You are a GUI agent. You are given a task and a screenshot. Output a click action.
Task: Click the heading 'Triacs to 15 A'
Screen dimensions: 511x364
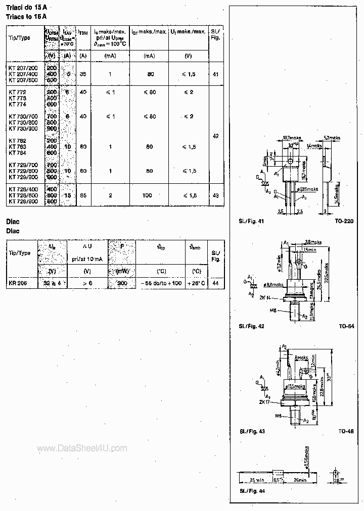(26, 17)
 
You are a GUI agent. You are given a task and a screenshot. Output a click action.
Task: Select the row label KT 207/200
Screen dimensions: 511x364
(23, 67)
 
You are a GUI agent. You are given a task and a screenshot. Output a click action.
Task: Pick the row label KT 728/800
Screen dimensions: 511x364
(23, 201)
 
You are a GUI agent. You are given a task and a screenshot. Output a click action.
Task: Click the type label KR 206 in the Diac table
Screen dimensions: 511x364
(18, 283)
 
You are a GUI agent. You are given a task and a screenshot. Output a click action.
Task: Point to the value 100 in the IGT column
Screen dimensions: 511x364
(149, 195)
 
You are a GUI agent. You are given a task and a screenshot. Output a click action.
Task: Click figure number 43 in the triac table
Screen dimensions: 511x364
(216, 195)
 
